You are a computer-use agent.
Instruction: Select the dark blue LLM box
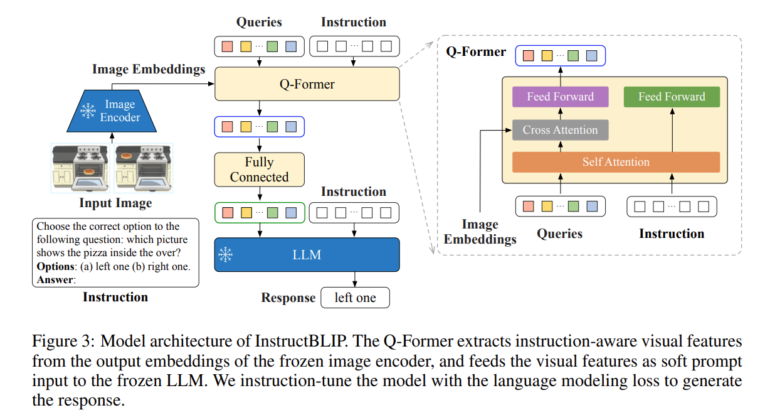pyautogui.click(x=307, y=255)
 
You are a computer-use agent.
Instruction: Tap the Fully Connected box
pyautogui.click(x=259, y=170)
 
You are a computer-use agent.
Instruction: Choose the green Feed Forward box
pyautogui.click(x=672, y=97)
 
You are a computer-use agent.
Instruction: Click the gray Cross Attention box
pyautogui.click(x=560, y=130)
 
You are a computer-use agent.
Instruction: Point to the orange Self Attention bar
pyautogui.click(x=616, y=162)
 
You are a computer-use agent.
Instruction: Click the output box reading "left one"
pyautogui.click(x=355, y=298)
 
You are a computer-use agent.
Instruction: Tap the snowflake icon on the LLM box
pyautogui.click(x=225, y=255)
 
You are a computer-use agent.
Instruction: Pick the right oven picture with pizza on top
pyautogui.click(x=144, y=167)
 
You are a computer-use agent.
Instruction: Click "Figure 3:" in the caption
pyautogui.click(x=63, y=342)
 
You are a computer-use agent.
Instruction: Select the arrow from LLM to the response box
pyautogui.click(x=355, y=279)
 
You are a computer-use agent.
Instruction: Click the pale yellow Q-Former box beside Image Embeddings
pyautogui.click(x=307, y=84)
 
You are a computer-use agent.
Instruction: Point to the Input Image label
pyautogui.click(x=115, y=203)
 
